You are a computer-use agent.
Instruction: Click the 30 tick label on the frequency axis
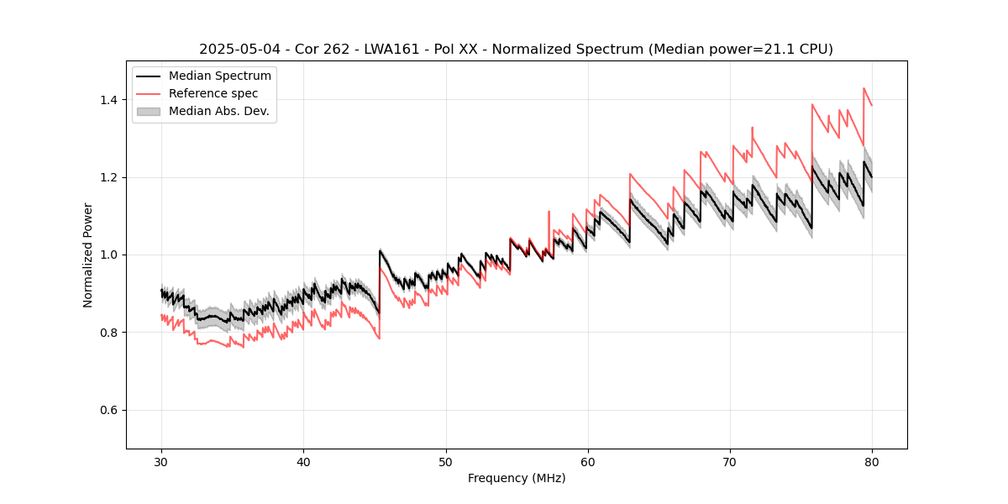(x=162, y=461)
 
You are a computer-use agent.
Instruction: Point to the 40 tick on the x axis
(x=304, y=461)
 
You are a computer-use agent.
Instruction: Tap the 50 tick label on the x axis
(x=446, y=461)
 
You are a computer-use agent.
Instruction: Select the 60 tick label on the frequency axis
(x=588, y=461)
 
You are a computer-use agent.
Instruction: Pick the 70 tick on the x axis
(x=730, y=461)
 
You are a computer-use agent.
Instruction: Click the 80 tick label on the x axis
(x=872, y=461)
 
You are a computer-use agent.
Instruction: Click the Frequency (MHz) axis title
(x=517, y=478)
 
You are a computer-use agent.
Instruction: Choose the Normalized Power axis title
(x=88, y=255)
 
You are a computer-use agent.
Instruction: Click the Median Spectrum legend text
(x=220, y=76)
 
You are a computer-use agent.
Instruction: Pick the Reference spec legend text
(x=213, y=93)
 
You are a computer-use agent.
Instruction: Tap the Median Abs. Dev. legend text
(x=219, y=111)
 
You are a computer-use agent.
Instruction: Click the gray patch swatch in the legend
(x=149, y=111)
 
